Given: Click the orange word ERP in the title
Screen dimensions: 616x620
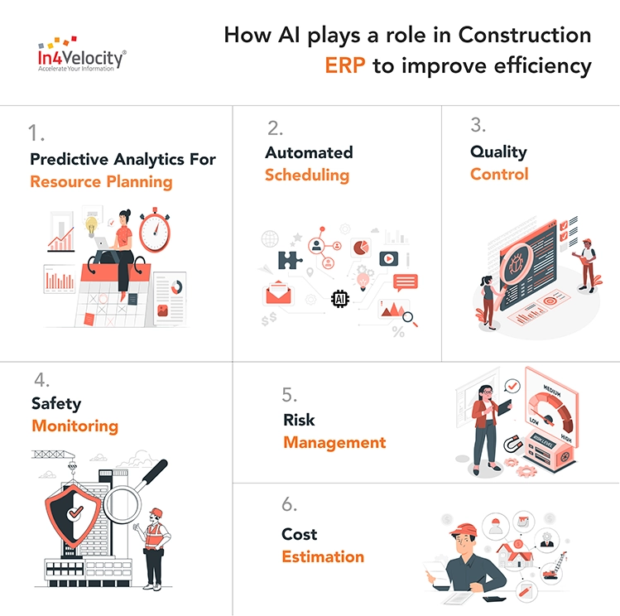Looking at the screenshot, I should click(345, 66).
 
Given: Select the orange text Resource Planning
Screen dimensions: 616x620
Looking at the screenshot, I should click(101, 180).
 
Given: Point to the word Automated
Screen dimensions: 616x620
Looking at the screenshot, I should click(309, 152).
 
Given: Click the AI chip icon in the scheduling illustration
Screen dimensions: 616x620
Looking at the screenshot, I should click(340, 299).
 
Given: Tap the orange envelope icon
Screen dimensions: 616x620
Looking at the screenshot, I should click(280, 294).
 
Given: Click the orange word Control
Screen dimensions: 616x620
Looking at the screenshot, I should click(499, 174).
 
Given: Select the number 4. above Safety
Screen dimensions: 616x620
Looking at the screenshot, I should click(41, 381).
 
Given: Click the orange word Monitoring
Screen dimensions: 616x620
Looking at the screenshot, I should click(74, 426).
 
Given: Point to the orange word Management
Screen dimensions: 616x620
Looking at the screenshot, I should click(334, 442).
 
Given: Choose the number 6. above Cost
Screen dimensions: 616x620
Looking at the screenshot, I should click(289, 505).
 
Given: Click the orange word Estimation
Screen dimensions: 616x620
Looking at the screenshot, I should click(323, 556).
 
